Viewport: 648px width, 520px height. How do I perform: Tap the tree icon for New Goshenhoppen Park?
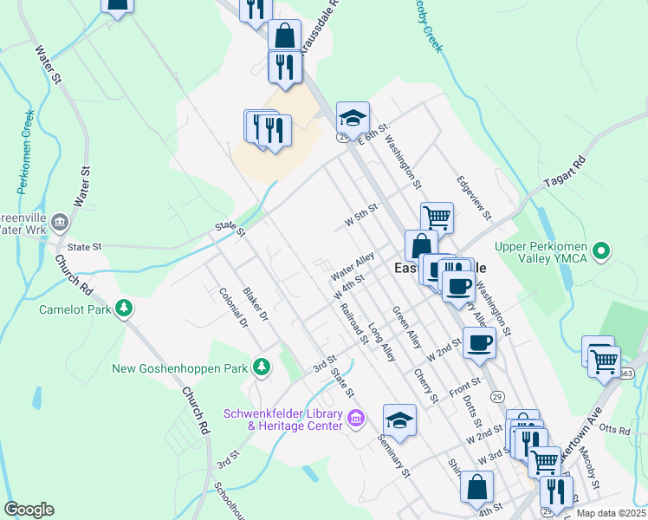tap(261, 368)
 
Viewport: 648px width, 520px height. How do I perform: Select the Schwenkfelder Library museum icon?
tap(355, 419)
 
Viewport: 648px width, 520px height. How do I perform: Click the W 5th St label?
tap(362, 215)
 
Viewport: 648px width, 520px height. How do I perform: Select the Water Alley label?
tap(352, 266)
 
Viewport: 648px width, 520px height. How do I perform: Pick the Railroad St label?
tap(354, 322)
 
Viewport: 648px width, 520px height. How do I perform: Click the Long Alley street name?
tap(381, 341)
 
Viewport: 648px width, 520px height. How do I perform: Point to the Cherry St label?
tap(424, 385)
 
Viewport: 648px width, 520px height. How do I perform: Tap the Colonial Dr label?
tap(233, 308)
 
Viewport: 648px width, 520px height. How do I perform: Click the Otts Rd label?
tap(612, 430)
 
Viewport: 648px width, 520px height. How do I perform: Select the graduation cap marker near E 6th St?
tap(353, 117)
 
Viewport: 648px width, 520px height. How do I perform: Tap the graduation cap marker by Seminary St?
tap(399, 420)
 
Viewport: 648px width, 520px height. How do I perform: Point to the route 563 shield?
tap(626, 374)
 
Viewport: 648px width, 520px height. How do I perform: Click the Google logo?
tap(29, 510)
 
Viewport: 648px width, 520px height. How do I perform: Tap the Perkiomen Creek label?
tap(23, 151)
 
